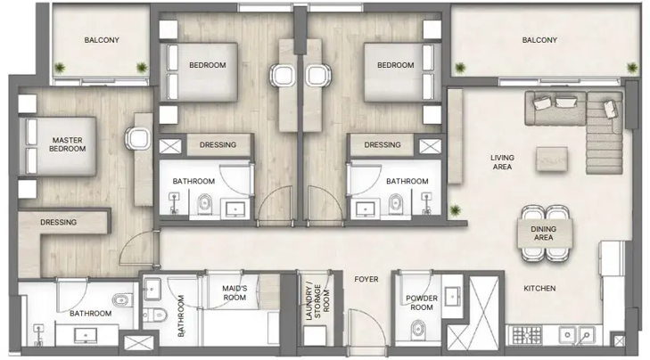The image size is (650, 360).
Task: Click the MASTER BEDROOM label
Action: (x=68, y=144)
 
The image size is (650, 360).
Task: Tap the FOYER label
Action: (x=366, y=279)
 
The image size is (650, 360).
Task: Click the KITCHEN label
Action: (x=539, y=288)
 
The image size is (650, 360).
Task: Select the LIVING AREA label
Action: (x=502, y=161)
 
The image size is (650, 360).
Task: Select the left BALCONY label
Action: (x=102, y=40)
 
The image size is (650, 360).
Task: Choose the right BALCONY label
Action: (x=539, y=40)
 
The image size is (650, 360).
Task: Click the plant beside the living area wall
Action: (x=456, y=211)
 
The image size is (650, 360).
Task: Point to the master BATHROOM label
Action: (x=91, y=314)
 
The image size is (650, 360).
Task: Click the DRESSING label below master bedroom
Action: (x=58, y=222)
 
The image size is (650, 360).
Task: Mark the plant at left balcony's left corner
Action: (x=60, y=68)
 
